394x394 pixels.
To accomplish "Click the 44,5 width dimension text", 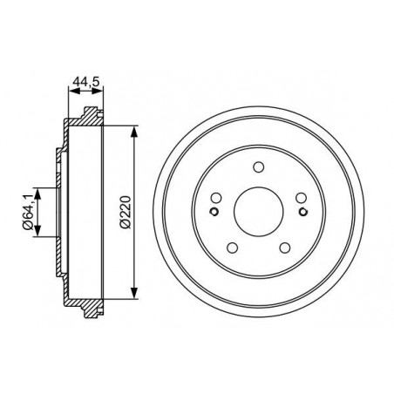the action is (x=86, y=82).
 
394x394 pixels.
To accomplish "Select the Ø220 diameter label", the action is (x=126, y=212).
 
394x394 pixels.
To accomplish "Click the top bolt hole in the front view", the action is (x=258, y=167).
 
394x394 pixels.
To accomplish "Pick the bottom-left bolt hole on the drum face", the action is (x=232, y=248).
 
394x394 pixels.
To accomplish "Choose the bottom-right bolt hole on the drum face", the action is (x=284, y=248).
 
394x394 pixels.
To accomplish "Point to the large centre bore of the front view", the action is (x=258, y=212).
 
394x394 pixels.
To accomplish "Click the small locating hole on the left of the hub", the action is (x=214, y=212).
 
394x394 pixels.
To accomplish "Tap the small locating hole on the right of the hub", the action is (x=303, y=212).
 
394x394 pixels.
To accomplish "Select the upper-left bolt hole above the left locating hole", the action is (x=215, y=198).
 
